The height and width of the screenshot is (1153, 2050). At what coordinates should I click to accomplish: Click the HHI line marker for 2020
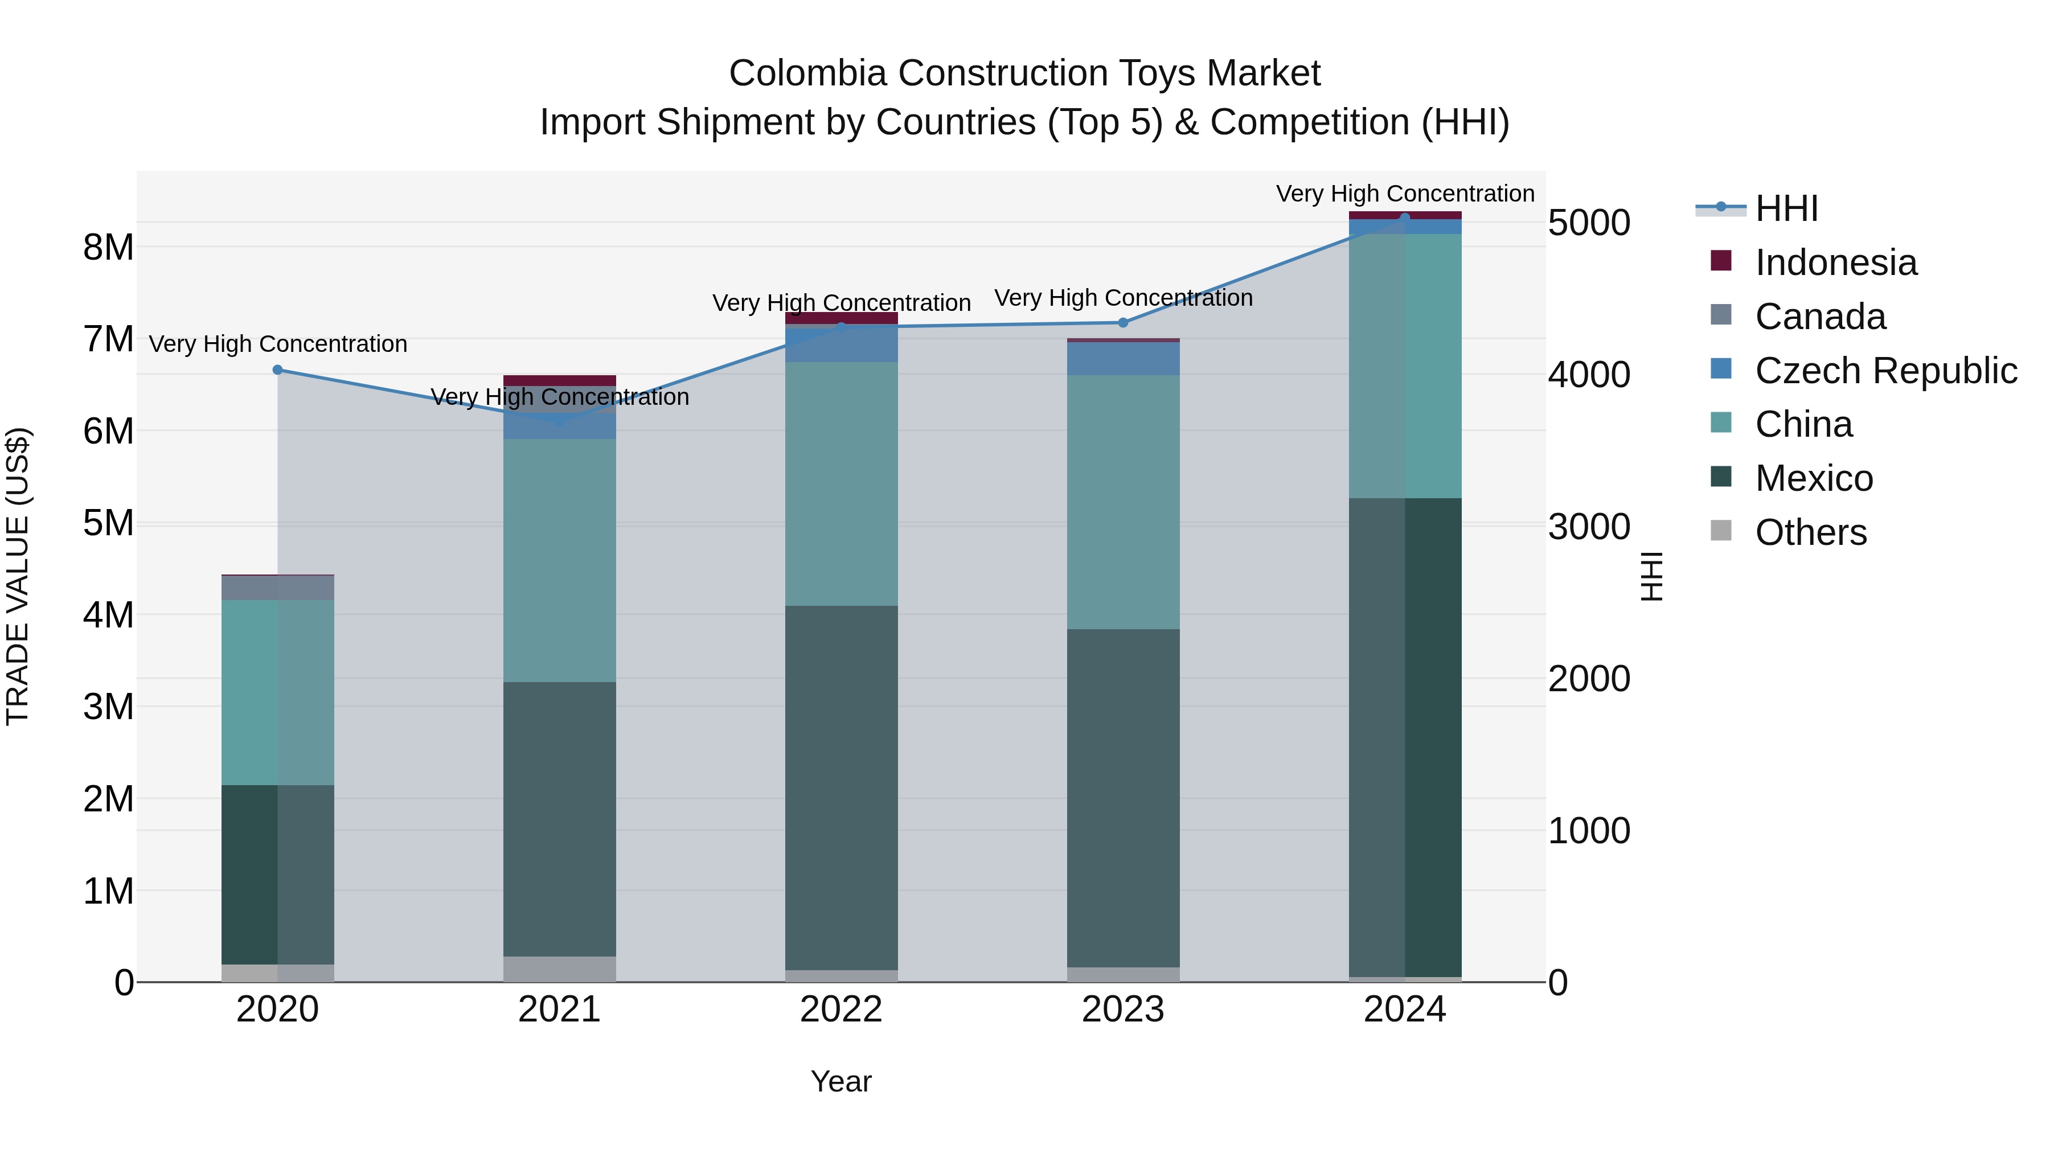coord(278,370)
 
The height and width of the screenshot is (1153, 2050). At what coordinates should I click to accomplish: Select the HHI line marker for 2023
coord(1123,323)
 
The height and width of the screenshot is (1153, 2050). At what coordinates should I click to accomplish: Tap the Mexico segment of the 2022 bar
coord(841,788)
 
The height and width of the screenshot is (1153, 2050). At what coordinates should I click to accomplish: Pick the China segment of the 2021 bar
coord(559,560)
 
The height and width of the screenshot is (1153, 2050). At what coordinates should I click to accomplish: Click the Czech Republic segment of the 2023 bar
coord(1123,359)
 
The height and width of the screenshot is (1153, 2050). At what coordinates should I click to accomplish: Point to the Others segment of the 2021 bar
coord(559,969)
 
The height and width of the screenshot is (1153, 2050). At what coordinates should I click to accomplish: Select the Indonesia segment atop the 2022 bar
coord(841,318)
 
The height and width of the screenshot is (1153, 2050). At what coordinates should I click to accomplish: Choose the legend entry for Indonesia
coord(1835,262)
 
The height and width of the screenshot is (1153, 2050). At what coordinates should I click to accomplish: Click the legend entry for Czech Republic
coord(1884,371)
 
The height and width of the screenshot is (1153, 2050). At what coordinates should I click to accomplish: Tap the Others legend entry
coord(1810,532)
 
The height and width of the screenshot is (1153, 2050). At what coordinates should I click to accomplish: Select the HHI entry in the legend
coord(1786,208)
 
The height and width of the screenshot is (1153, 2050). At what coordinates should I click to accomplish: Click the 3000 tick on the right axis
coord(1588,527)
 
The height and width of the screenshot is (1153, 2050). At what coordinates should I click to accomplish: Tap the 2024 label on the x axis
coord(1405,1010)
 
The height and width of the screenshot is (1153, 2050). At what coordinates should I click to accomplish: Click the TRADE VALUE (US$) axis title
coord(18,576)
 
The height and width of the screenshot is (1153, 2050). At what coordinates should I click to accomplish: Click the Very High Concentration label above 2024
coord(1405,194)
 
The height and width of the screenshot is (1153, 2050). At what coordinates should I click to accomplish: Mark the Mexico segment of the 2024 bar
coord(1405,737)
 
